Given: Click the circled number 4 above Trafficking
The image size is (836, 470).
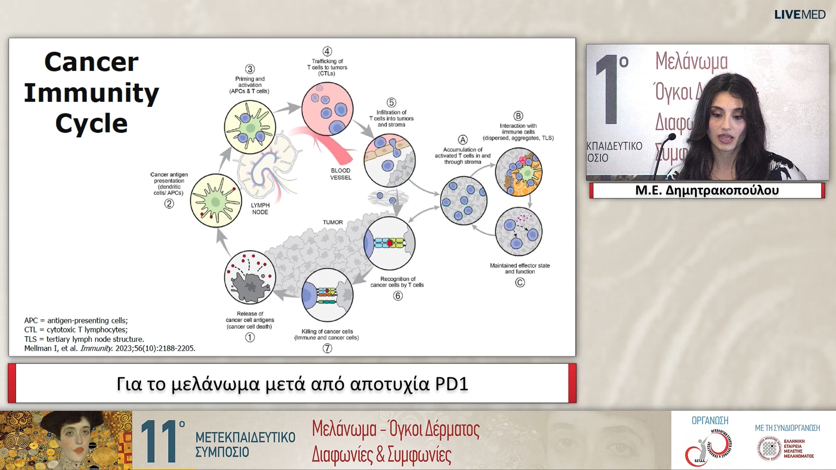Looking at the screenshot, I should [327, 51].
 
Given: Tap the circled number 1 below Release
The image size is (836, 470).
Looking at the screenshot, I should [250, 337].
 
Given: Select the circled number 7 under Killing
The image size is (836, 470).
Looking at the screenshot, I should [327, 348].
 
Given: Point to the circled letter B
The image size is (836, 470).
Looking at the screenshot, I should [518, 116].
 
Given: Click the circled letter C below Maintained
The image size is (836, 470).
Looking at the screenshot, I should [520, 282].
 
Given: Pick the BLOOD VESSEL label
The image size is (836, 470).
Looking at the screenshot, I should [340, 174].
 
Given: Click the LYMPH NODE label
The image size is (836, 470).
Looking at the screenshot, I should [260, 208].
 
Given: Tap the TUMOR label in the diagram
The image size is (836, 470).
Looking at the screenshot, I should [333, 222].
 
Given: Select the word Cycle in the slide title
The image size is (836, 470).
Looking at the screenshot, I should [91, 124].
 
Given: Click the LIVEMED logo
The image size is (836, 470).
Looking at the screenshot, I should [799, 15].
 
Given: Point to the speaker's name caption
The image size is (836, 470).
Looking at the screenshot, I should [707, 190].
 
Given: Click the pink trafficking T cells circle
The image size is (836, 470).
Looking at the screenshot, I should [327, 109].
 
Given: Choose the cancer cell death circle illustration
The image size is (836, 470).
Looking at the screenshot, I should [250, 277].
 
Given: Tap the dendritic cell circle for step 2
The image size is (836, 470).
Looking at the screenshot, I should [216, 201].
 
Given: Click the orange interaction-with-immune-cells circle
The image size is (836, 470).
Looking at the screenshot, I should [519, 172].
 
